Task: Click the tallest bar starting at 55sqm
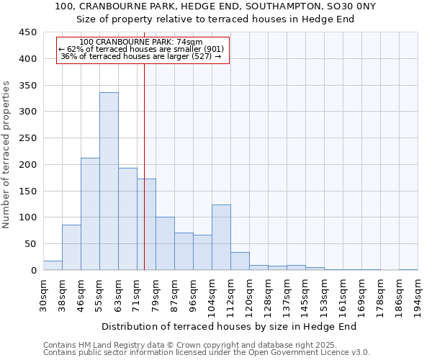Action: [109, 181]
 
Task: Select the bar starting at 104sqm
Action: [221, 238]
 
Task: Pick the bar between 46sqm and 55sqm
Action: [90, 214]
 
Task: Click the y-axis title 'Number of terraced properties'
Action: [6, 155]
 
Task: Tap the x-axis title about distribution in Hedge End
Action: [235, 326]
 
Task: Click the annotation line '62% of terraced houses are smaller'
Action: [141, 49]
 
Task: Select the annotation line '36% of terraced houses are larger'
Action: [141, 56]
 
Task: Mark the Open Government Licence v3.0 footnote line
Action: [207, 353]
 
